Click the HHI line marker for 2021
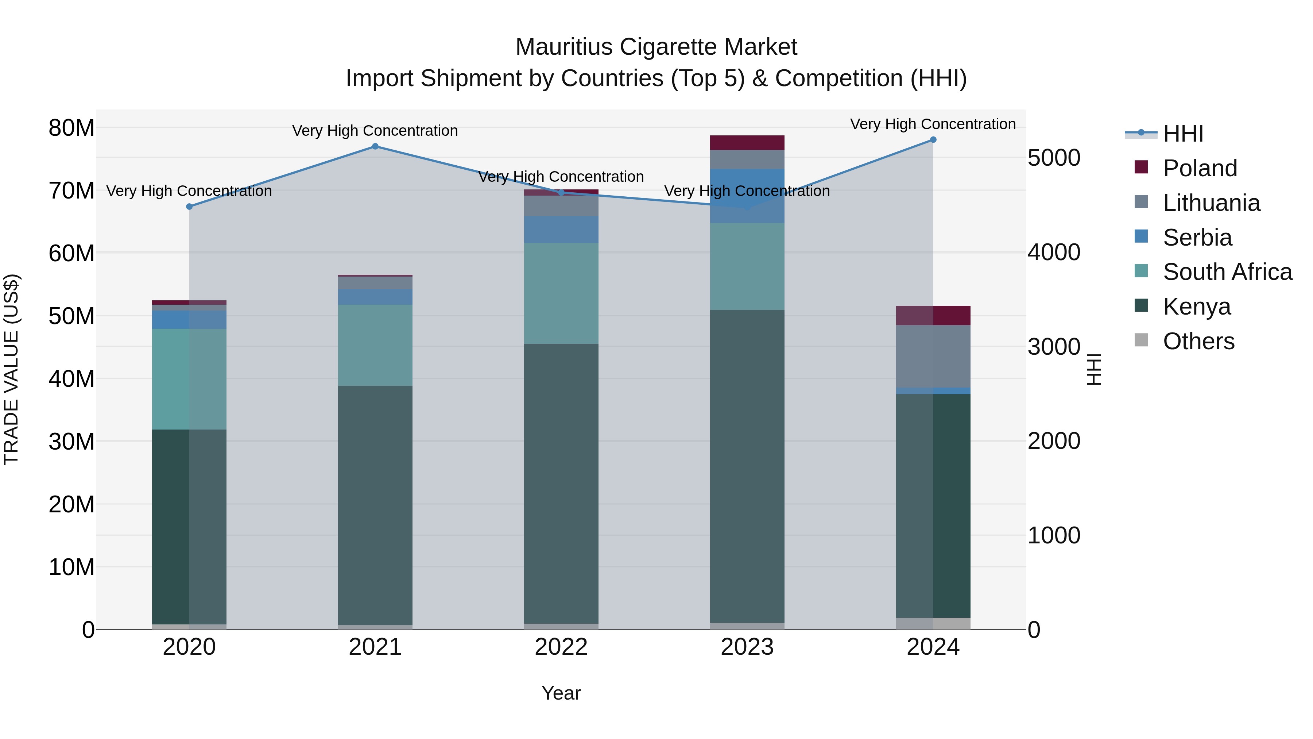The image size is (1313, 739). (x=375, y=146)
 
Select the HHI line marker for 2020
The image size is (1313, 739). (x=189, y=207)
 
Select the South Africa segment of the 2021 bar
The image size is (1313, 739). (x=375, y=345)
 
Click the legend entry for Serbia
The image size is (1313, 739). (x=1197, y=238)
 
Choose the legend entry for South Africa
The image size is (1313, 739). (x=1227, y=272)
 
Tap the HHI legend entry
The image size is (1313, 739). (x=1182, y=134)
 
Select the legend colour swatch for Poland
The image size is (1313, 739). (x=1141, y=167)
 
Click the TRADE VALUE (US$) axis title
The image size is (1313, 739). (x=11, y=369)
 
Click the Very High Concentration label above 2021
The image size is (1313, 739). (x=375, y=131)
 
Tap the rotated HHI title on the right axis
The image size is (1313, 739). (x=1094, y=369)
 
